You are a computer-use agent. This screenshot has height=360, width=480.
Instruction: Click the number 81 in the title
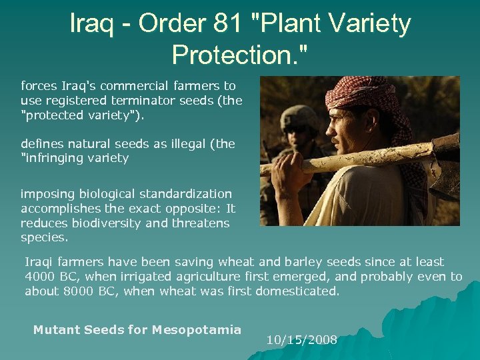pos(227,25)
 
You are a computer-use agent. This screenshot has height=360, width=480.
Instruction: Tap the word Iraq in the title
pos(93,25)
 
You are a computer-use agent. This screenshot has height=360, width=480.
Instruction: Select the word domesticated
pos(301,291)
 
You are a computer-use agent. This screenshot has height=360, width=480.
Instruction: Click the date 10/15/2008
pos(301,340)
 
